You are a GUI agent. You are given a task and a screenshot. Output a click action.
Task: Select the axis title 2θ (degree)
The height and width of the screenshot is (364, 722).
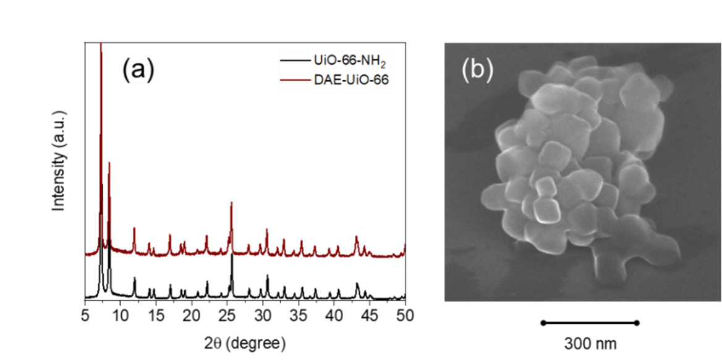[245, 342]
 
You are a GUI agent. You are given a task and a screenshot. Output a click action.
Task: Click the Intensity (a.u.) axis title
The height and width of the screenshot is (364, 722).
[59, 162]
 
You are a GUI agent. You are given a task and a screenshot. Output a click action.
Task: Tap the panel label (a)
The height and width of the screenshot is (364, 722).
[137, 70]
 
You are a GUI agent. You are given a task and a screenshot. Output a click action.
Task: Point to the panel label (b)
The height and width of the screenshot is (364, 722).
[477, 70]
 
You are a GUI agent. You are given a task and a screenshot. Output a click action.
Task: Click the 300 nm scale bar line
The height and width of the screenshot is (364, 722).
[590, 323]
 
